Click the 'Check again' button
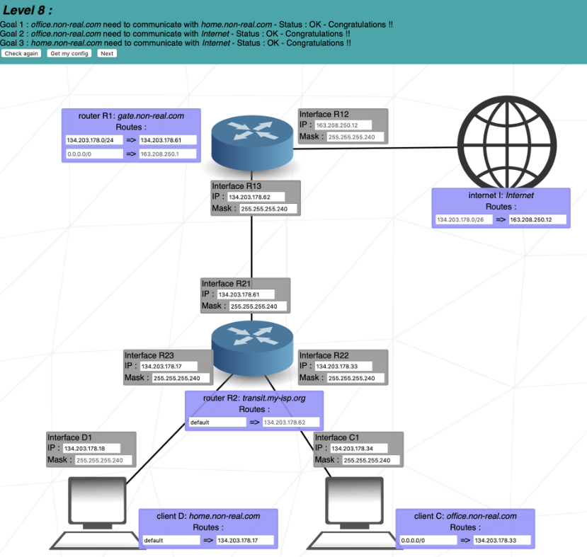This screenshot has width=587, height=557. [x=21, y=53]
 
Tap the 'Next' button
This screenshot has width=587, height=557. [x=107, y=53]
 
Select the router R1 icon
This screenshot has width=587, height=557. [x=252, y=142]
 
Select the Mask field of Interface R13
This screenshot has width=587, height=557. [x=268, y=209]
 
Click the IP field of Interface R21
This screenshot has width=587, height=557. [x=252, y=294]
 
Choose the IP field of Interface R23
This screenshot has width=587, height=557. [x=171, y=367]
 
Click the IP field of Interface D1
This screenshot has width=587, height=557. [x=92, y=449]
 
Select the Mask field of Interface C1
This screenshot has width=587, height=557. [x=371, y=460]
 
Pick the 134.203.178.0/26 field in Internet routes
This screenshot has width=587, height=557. [x=464, y=219]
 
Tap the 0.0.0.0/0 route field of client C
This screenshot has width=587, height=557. [x=428, y=540]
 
